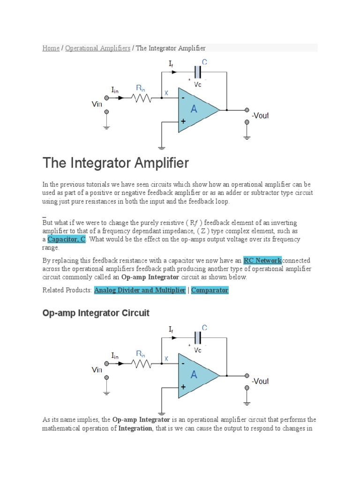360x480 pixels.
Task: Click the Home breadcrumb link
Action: (51, 48)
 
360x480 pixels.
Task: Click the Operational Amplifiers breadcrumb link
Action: (97, 48)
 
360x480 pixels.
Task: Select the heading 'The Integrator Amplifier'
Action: (115, 163)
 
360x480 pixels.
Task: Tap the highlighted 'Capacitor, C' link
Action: (66, 240)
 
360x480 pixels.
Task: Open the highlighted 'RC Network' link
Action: (262, 261)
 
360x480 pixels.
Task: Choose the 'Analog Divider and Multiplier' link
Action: (140, 290)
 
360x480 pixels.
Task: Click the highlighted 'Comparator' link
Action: (210, 290)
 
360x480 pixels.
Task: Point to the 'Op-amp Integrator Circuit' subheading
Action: (96, 313)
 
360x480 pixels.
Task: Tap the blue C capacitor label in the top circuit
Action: (204, 62)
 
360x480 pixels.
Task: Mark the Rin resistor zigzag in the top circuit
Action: (141, 98)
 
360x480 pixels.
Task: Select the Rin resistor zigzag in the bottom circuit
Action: (141, 364)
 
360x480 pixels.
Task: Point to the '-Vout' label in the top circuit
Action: (260, 115)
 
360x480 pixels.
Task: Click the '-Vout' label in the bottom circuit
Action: (260, 381)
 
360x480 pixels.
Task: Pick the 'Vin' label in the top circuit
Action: (97, 104)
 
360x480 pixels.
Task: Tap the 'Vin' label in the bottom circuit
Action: (97, 370)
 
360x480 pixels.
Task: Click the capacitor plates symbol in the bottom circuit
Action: (197, 337)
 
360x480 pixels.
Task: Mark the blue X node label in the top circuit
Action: (165, 93)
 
